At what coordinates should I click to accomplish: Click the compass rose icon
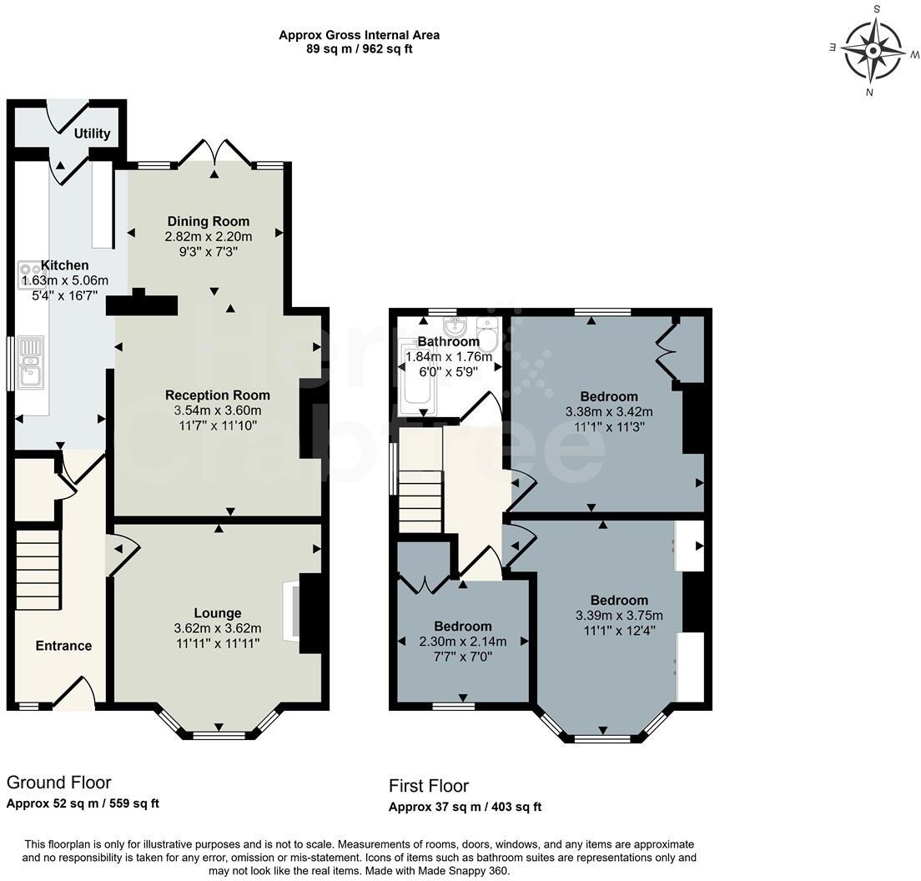[x=873, y=52]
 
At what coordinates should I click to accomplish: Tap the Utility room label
[x=92, y=133]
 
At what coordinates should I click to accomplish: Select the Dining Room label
[x=209, y=221]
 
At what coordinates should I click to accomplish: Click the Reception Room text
[x=218, y=395]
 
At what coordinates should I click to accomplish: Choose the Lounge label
[x=218, y=613]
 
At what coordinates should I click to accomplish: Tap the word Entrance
[x=63, y=646]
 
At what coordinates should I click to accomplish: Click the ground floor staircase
[x=38, y=572]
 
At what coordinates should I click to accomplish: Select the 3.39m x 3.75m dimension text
[x=619, y=616]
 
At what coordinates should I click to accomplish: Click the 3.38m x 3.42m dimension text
[x=608, y=411]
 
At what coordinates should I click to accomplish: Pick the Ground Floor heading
[x=58, y=783]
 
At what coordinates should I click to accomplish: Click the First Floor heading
[x=429, y=786]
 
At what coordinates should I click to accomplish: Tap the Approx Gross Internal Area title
[x=359, y=35]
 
